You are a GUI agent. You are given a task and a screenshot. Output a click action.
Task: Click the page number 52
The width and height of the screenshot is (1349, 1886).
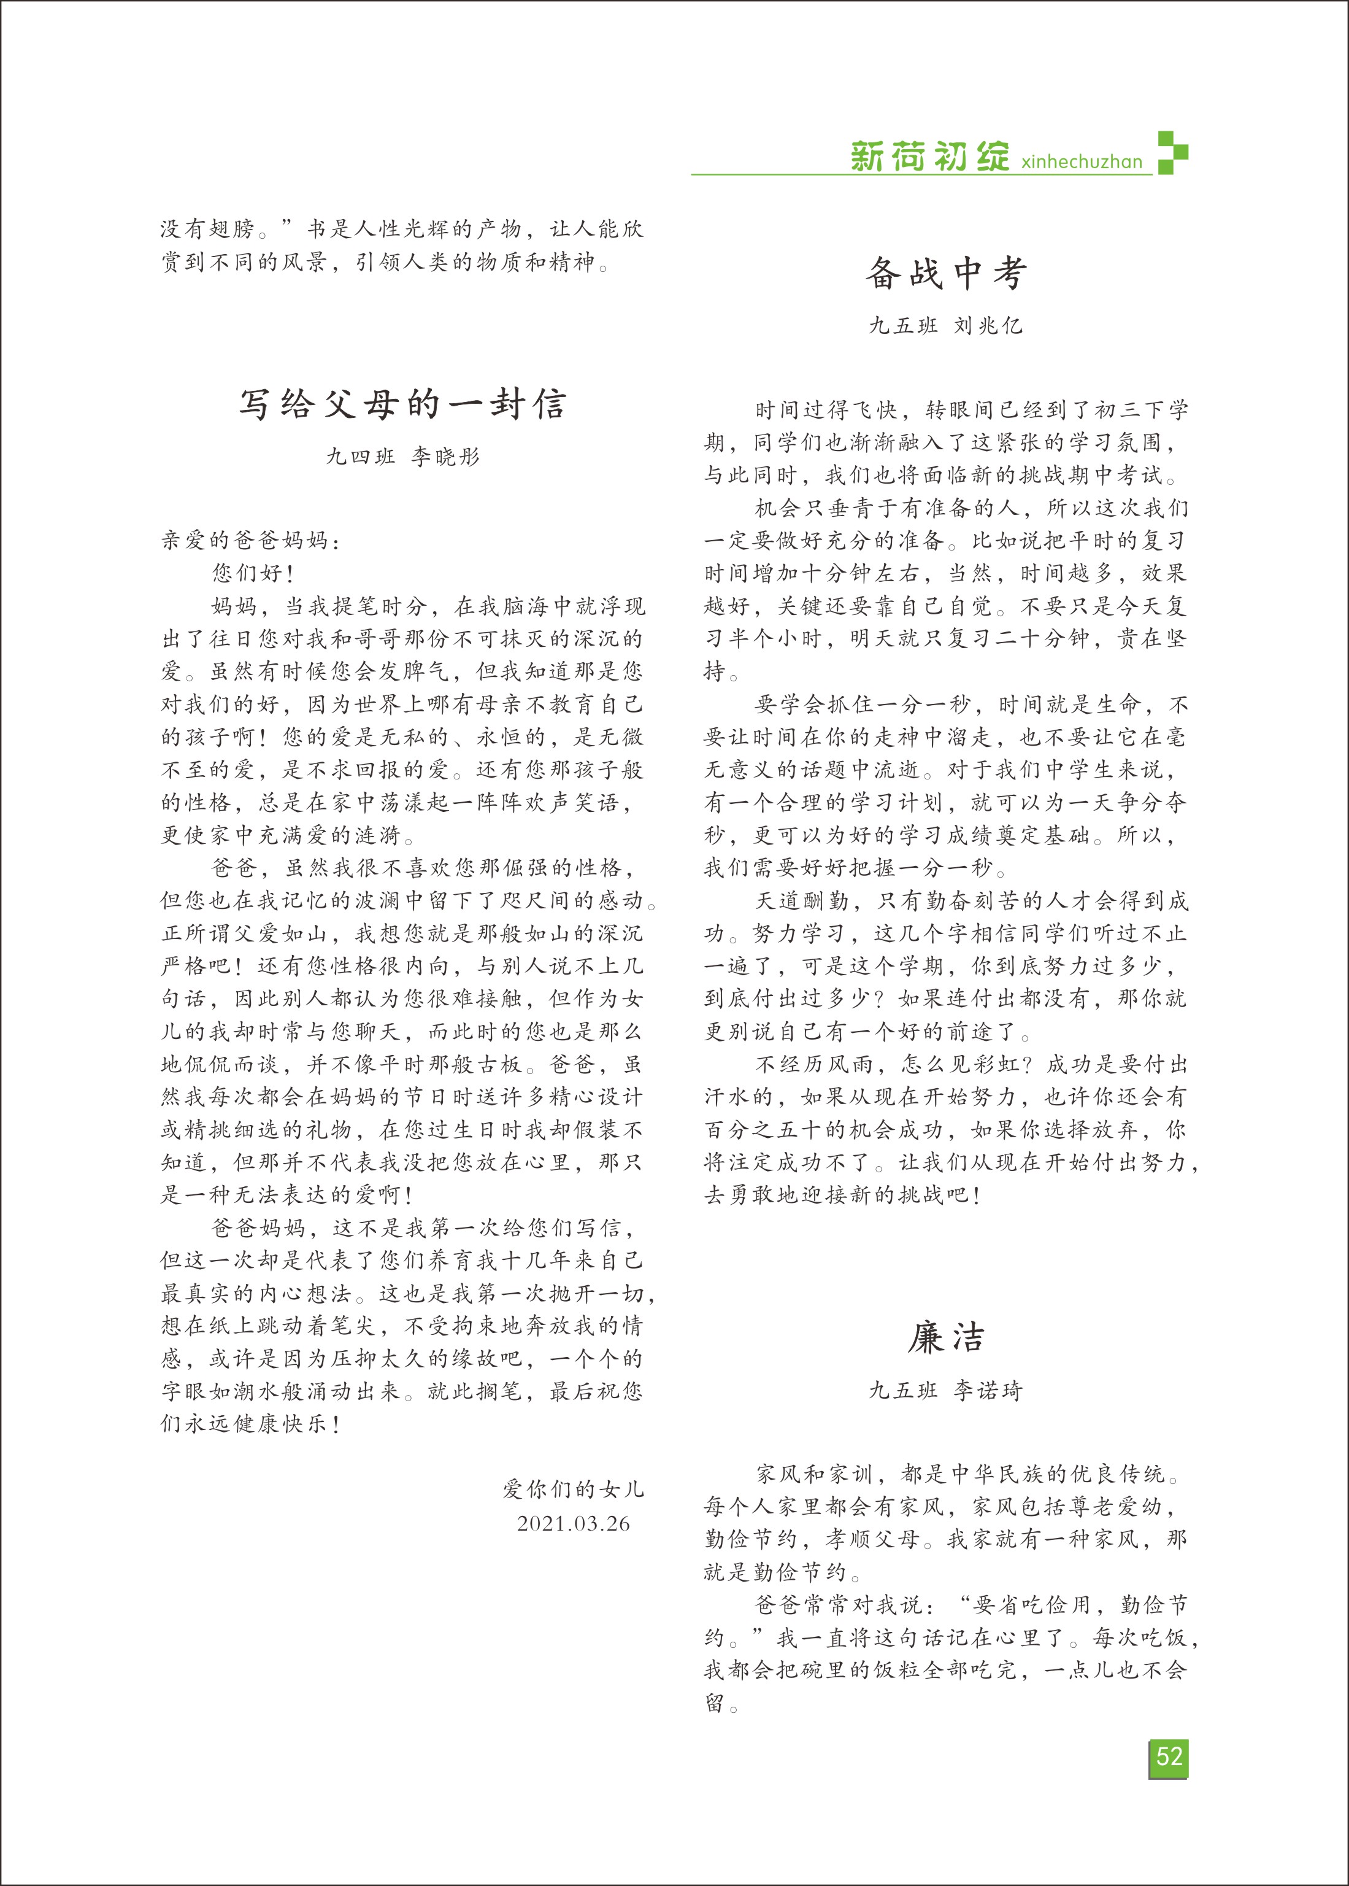1168,1757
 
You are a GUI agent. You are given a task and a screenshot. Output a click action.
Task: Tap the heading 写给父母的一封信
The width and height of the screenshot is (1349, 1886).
403,404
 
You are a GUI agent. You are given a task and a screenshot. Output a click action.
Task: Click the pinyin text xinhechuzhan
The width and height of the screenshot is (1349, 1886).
1082,161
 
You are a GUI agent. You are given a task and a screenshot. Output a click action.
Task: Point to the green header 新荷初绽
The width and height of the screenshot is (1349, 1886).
929,157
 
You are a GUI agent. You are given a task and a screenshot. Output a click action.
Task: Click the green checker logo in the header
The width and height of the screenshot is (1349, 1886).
1172,153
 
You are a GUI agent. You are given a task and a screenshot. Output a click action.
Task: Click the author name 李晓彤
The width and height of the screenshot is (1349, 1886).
445,457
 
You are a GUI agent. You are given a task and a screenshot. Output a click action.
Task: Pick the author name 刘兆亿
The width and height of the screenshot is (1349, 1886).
988,326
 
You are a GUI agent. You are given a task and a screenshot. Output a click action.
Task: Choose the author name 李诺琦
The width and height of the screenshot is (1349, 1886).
988,1390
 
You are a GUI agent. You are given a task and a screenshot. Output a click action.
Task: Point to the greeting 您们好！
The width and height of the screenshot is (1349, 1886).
253,573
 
